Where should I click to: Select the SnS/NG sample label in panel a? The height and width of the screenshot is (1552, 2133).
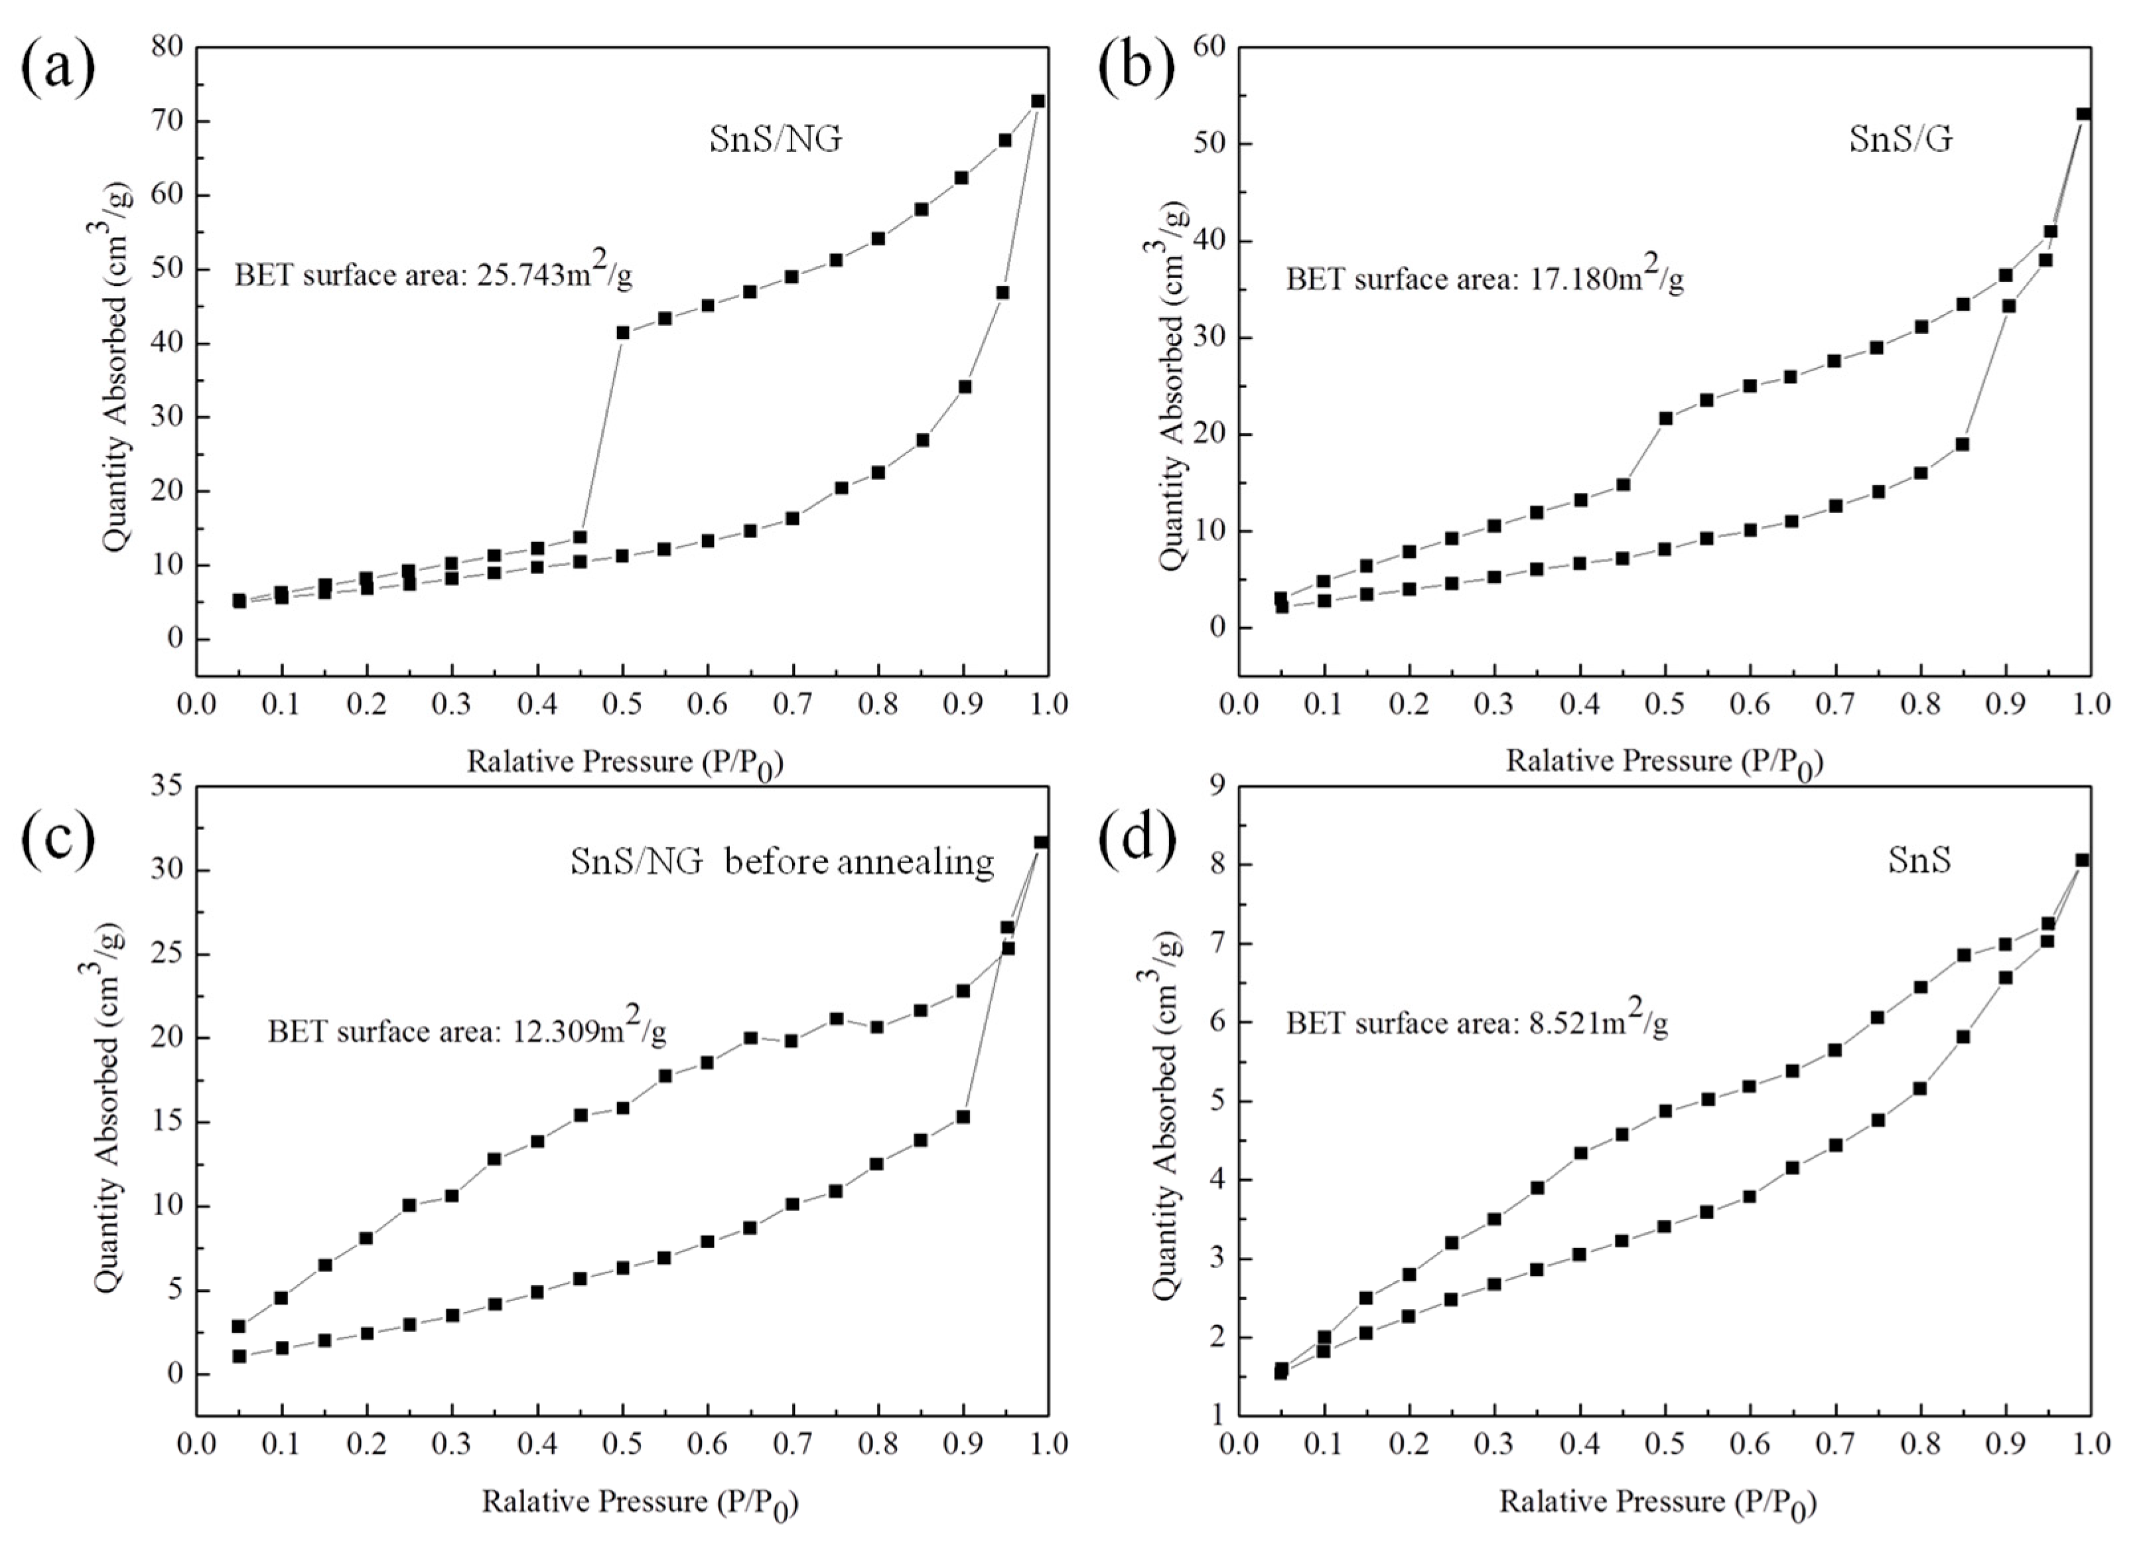click(775, 139)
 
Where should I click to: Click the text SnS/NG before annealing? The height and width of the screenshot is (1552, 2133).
click(782, 861)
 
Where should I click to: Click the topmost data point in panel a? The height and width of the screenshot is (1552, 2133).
click(1038, 101)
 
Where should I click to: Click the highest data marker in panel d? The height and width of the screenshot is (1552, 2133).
click(2082, 860)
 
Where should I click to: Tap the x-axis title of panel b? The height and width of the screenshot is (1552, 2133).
click(1664, 762)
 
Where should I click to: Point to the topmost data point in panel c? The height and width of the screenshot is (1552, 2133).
click(1041, 842)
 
